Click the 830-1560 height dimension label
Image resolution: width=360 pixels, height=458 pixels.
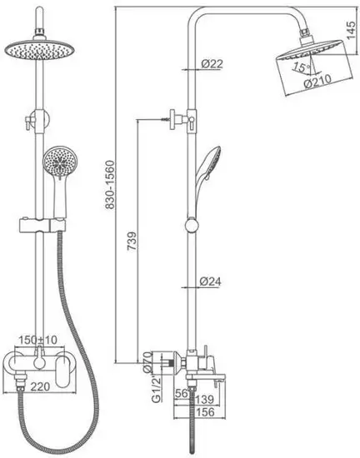point(110,185)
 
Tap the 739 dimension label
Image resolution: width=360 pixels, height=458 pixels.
point(132,241)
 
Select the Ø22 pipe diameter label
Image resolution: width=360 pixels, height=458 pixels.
point(212,63)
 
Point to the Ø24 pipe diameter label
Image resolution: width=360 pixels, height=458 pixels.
point(210,281)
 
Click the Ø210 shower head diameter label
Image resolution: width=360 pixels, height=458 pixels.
point(317,81)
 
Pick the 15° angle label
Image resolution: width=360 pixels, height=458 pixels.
point(301,67)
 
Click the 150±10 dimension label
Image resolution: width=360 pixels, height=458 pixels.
point(38,340)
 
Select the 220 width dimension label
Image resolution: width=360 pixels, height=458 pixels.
point(41,386)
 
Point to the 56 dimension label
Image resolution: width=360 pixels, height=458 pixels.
point(181,393)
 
